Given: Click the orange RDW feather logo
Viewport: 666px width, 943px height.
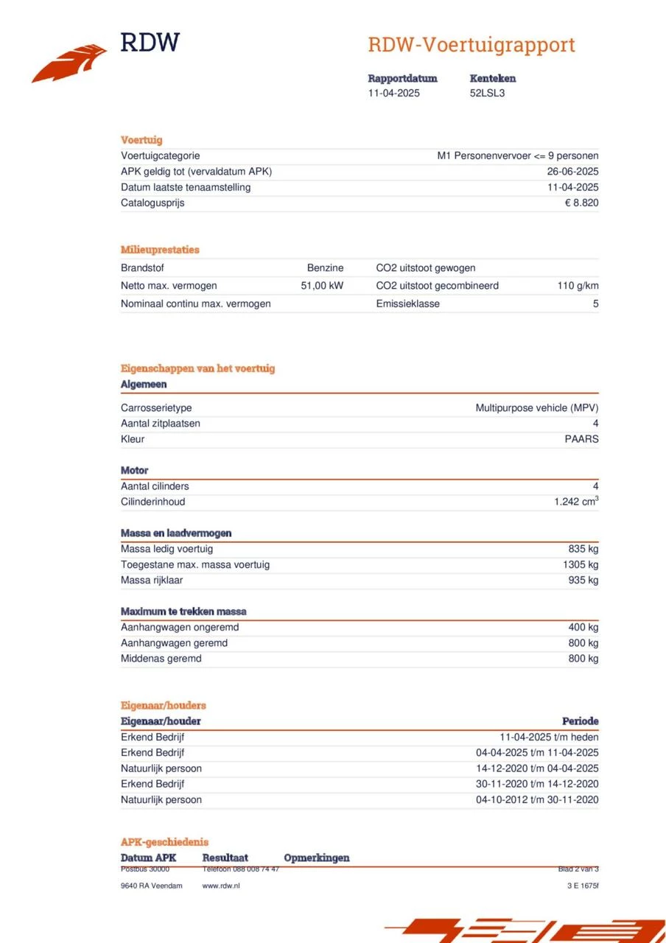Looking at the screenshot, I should (69, 63).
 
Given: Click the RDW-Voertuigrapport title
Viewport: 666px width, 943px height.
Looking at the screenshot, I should (471, 45).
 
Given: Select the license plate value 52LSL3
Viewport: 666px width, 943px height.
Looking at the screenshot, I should (487, 93).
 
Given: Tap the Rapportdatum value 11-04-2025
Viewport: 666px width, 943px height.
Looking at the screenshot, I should (394, 93).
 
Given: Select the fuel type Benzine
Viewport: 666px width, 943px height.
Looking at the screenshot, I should (325, 268).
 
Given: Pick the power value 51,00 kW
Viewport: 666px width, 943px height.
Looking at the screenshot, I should (322, 285).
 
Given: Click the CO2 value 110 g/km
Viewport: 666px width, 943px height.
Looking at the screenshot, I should (578, 285).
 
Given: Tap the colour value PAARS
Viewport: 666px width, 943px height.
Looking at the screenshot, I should (581, 439).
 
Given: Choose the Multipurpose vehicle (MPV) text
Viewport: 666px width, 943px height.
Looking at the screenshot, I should (536, 407).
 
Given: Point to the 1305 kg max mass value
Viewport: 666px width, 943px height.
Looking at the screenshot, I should (580, 564).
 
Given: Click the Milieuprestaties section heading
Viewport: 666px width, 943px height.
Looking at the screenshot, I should (160, 250).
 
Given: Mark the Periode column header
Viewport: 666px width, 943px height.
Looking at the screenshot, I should (580, 721).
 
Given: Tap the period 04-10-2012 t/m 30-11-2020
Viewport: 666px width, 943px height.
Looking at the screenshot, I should (537, 799).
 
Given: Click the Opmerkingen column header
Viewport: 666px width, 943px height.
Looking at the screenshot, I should (316, 858).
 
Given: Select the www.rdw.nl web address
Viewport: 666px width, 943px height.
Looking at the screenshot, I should (221, 886).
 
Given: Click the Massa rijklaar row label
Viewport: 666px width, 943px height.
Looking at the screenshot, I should (152, 580).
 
